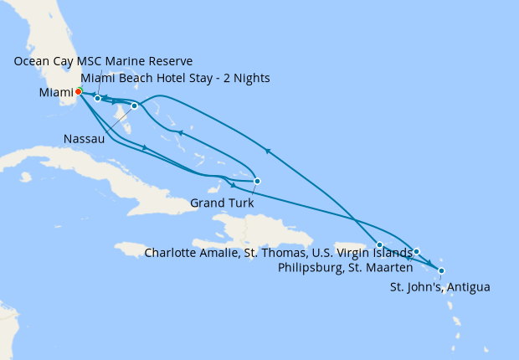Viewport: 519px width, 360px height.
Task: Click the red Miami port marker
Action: point(78,91)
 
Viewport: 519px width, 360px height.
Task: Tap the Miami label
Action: point(55,93)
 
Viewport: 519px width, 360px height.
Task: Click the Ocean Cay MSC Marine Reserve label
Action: point(104,61)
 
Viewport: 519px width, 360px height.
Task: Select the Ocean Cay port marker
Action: point(98,99)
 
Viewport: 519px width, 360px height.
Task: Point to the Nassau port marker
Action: point(135,106)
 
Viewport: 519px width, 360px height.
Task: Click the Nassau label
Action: point(84,139)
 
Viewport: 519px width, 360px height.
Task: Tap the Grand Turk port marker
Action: point(257,181)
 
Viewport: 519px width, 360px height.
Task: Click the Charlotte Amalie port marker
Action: point(380,244)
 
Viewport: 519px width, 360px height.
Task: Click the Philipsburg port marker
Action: point(416,251)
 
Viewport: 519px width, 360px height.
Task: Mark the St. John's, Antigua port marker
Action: point(441,270)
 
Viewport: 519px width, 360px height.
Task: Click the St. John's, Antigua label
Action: point(440,287)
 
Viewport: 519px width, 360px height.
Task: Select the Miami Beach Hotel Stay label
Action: point(175,79)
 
